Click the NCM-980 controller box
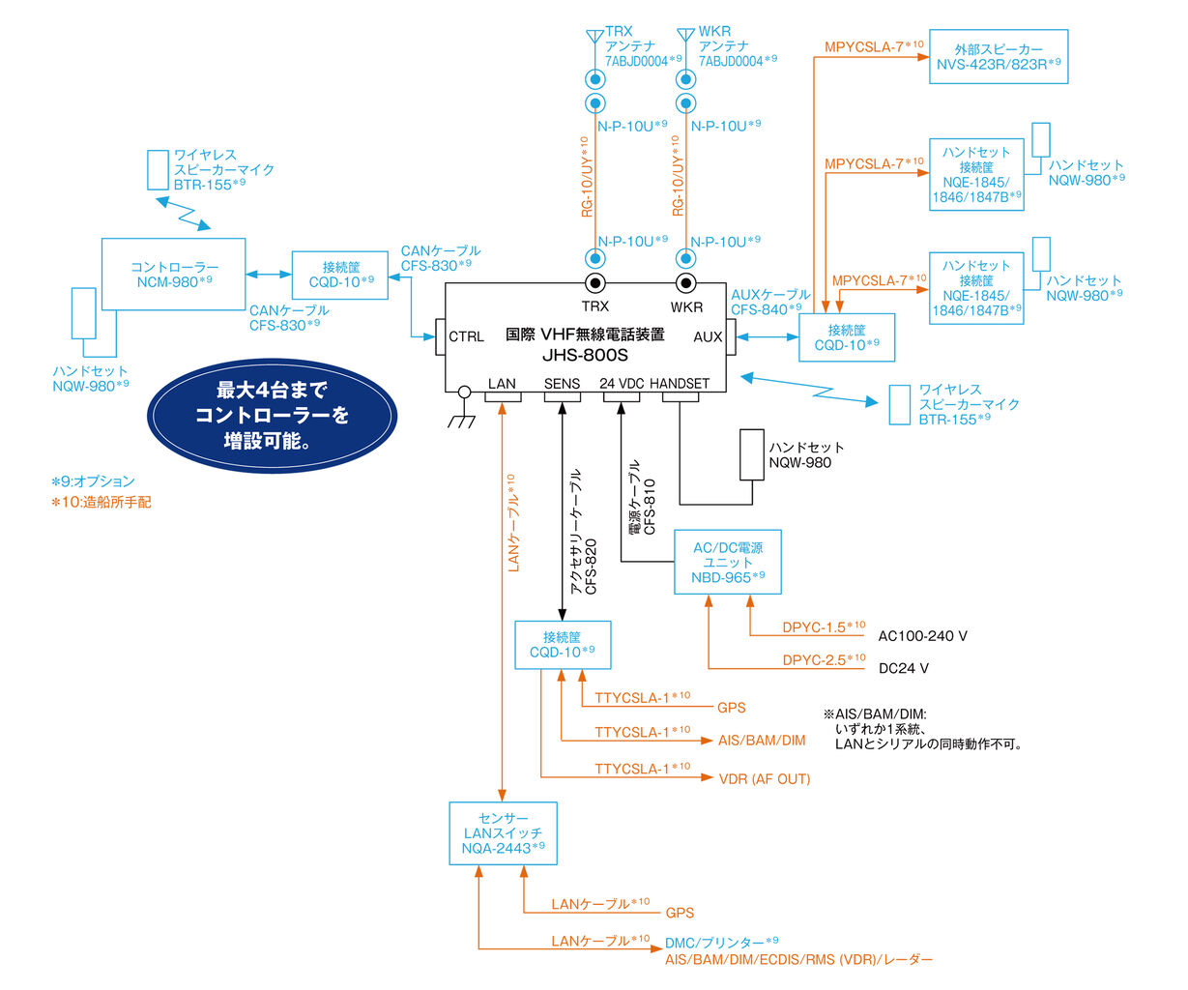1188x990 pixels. pyautogui.click(x=173, y=274)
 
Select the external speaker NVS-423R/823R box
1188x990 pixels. pyautogui.click(x=999, y=56)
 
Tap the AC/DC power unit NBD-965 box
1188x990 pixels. pyautogui.click(x=728, y=562)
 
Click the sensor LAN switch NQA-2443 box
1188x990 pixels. pyautogui.click(x=503, y=832)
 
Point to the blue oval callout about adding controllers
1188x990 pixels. pyautogui.click(x=272, y=416)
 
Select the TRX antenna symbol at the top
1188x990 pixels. pyautogui.click(x=594, y=39)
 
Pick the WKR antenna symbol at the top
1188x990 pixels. pyautogui.click(x=686, y=39)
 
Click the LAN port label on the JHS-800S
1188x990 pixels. pyautogui.click(x=502, y=384)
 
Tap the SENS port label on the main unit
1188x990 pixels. pyautogui.click(x=562, y=384)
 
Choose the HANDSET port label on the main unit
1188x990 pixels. pyautogui.click(x=680, y=384)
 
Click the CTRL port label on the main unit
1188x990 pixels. pyautogui.click(x=466, y=336)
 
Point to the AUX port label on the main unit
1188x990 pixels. pyautogui.click(x=708, y=336)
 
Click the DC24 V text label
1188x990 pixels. pyautogui.click(x=903, y=668)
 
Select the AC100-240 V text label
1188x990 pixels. pyautogui.click(x=922, y=636)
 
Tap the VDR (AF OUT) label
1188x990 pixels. pyautogui.click(x=764, y=778)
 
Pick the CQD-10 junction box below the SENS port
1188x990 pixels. pyautogui.click(x=563, y=644)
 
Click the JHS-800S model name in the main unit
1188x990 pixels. pyautogui.click(x=585, y=355)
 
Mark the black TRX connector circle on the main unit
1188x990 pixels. pyautogui.click(x=595, y=283)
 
